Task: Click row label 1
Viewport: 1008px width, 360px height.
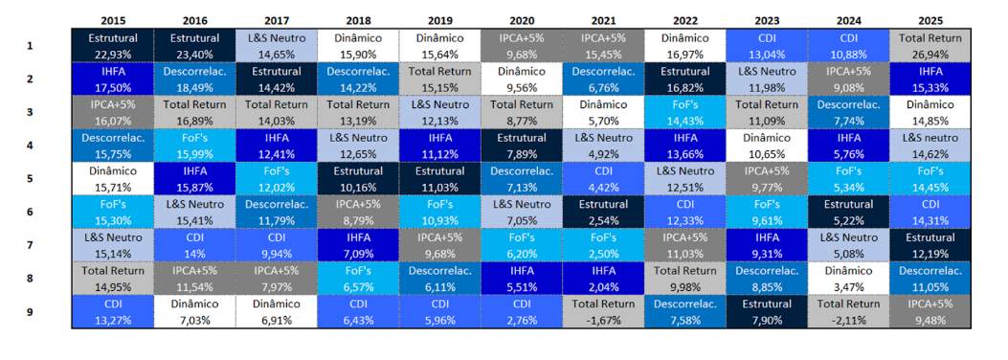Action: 30,46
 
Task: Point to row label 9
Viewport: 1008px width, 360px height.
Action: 30,312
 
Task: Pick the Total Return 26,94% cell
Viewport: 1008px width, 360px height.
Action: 930,46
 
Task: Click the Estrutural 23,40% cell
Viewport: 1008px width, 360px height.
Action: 195,46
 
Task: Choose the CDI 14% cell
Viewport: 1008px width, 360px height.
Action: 195,245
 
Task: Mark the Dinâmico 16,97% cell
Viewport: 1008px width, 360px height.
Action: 684,46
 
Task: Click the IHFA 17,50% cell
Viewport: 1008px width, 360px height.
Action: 113,79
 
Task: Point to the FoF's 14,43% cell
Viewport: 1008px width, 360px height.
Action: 684,113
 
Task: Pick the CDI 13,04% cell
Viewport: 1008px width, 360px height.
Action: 767,46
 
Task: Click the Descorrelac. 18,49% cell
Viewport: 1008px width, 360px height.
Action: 195,79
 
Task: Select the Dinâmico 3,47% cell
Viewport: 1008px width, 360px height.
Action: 848,279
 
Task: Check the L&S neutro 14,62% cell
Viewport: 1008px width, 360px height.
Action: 930,146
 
